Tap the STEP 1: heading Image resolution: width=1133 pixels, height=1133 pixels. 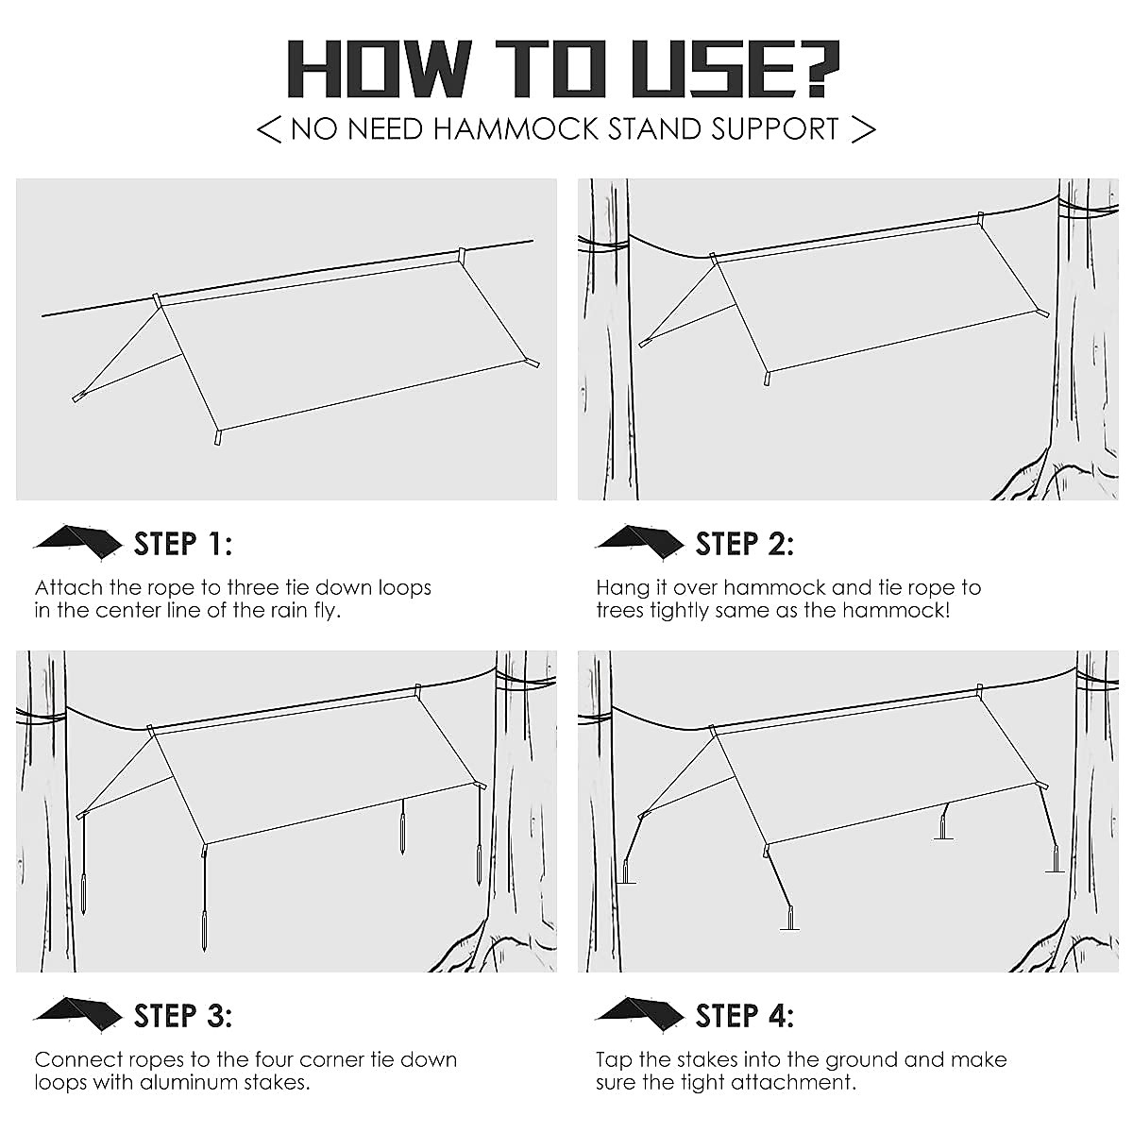point(182,544)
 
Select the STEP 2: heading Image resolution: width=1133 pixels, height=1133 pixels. point(744,544)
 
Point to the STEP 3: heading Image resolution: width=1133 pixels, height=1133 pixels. point(182,1016)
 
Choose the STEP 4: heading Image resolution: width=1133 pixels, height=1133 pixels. point(744,1016)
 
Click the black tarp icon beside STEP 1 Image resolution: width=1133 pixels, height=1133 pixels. point(77,541)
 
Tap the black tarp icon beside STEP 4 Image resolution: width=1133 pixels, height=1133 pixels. point(639,1013)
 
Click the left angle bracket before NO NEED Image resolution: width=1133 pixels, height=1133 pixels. point(269,129)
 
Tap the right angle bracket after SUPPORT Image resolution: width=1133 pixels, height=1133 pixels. point(863,129)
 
